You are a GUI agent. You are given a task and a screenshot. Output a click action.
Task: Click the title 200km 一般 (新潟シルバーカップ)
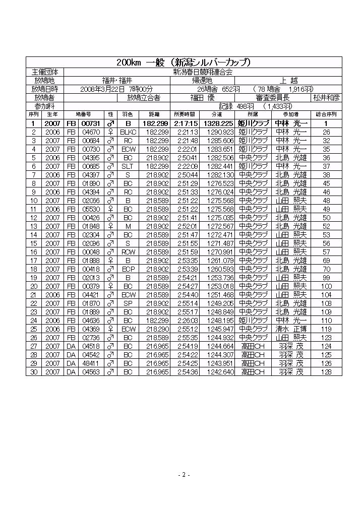tap(184, 62)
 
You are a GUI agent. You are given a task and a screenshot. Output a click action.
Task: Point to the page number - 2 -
tap(184, 475)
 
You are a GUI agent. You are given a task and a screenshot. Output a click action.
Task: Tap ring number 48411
tap(91, 363)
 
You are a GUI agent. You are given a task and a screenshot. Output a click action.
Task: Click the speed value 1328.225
tap(218, 123)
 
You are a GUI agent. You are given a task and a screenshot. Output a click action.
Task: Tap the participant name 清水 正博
tap(291, 329)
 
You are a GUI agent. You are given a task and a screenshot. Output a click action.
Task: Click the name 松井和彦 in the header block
tap(326, 97)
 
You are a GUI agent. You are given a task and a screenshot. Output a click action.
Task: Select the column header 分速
tap(218, 114)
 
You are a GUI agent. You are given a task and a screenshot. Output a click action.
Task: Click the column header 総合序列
tap(326, 114)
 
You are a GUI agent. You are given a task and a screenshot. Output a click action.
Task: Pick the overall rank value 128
tap(326, 372)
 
